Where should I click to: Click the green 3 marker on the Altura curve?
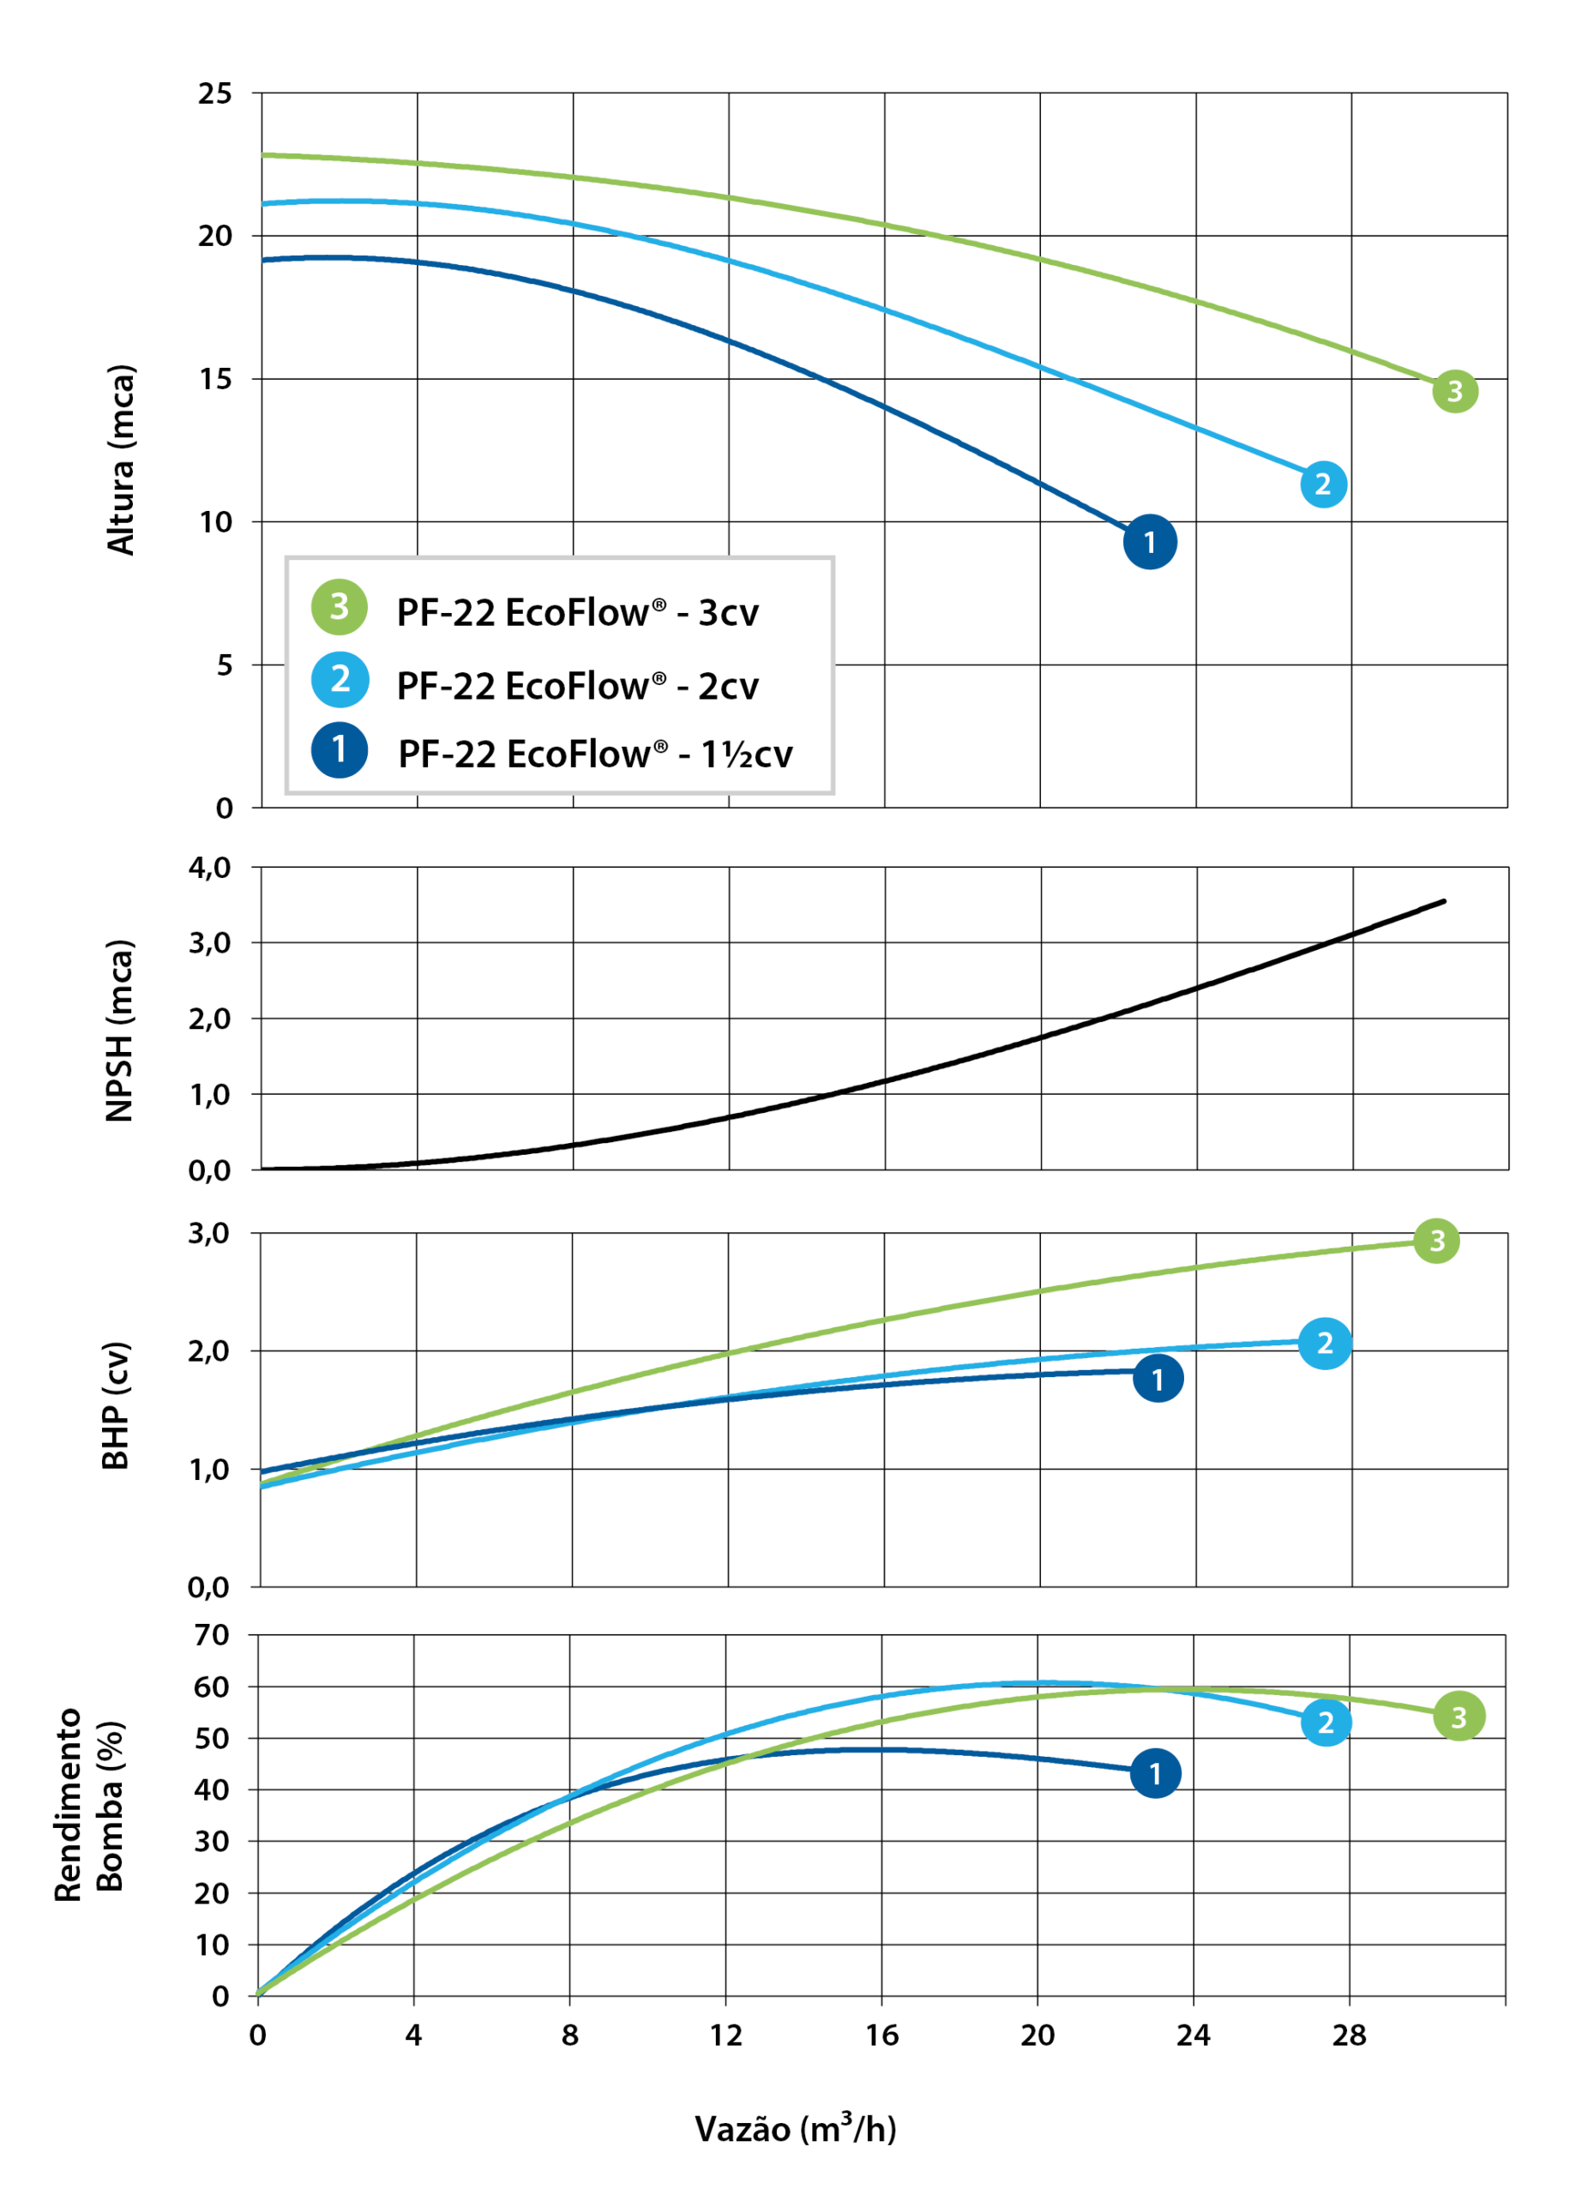(x=1454, y=391)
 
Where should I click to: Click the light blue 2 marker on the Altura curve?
(x=1323, y=484)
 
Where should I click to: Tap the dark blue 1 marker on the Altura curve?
(x=1150, y=542)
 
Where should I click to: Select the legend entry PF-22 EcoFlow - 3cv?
(x=577, y=612)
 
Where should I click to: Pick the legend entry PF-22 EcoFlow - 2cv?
(x=577, y=686)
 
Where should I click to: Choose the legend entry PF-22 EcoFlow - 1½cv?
(x=594, y=754)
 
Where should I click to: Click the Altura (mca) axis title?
(x=121, y=459)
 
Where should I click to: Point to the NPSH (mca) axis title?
(x=119, y=1031)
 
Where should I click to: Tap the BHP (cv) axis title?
(x=116, y=1405)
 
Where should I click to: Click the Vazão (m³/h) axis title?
(x=796, y=2128)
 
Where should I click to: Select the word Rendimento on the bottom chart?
(x=68, y=1805)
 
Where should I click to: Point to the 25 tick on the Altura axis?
(x=215, y=93)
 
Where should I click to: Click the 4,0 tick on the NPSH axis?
(x=210, y=867)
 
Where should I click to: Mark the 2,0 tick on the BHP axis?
(x=209, y=1351)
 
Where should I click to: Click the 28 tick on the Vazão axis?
(x=1349, y=2036)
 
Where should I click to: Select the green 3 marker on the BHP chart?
(x=1436, y=1241)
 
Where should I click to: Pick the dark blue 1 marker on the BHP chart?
(x=1158, y=1379)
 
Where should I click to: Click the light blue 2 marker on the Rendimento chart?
(x=1326, y=1723)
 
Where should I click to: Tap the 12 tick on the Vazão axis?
(x=725, y=2036)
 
